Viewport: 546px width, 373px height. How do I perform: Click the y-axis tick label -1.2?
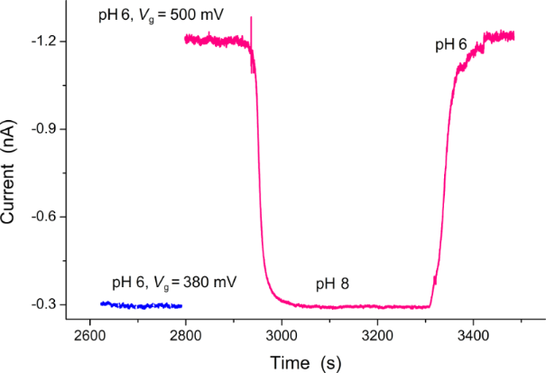[x=43, y=42]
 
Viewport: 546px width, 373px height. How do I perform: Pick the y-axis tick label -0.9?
[x=43, y=129]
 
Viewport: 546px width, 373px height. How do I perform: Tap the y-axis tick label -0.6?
[x=43, y=217]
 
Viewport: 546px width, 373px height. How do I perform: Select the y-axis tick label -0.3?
[x=43, y=304]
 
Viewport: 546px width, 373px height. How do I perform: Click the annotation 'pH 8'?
[x=332, y=284]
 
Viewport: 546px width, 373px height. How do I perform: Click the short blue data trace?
[x=141, y=305]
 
